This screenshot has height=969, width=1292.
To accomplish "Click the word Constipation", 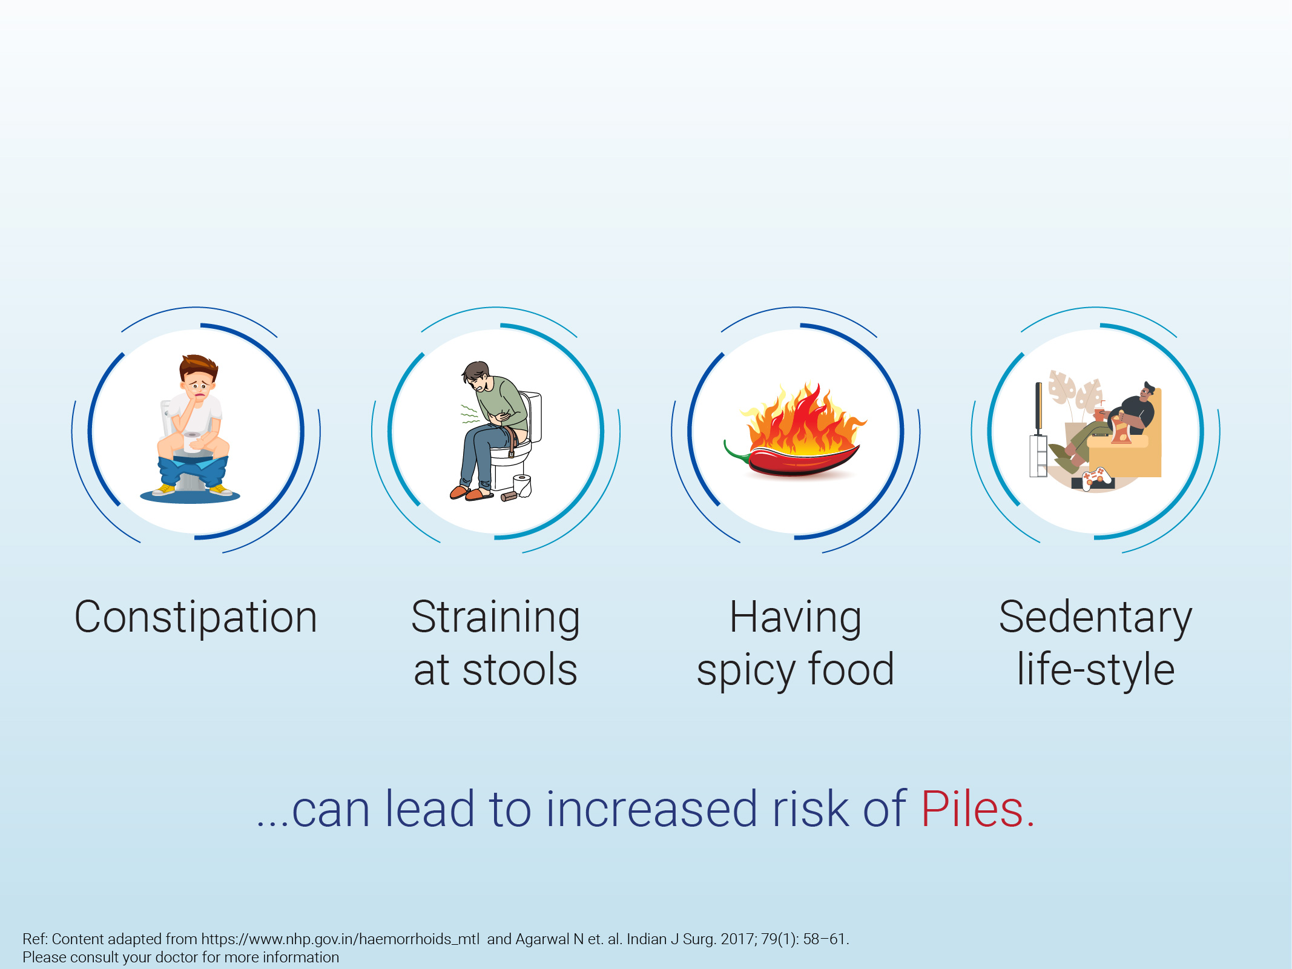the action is (196, 617).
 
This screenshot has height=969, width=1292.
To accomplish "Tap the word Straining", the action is (495, 618).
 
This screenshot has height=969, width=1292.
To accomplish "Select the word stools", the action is (519, 670).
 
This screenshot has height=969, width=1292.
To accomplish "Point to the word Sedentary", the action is (1095, 618).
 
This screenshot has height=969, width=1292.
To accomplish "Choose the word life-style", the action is (1096, 670).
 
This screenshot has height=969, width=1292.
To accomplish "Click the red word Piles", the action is (977, 809).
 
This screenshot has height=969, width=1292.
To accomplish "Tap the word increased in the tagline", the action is (651, 809).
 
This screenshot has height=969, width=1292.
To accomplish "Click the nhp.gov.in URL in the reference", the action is (340, 939).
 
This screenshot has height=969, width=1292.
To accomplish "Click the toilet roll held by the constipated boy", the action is (193, 442).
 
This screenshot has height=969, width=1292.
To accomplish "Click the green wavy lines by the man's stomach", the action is (470, 414).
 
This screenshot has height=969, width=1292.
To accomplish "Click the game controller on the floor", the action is (1097, 478).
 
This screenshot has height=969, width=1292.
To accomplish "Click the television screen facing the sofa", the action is (1038, 408).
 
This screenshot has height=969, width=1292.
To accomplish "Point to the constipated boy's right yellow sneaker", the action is (220, 489).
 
